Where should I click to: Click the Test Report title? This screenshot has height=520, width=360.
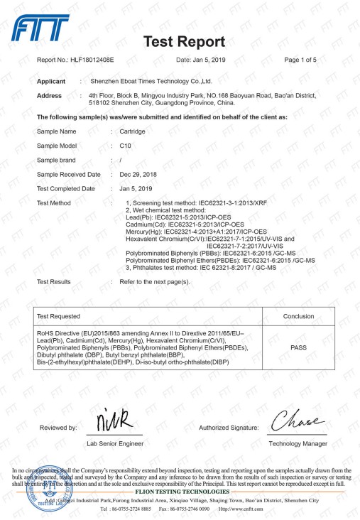click(x=184, y=40)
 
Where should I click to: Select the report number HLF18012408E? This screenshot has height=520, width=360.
click(x=97, y=60)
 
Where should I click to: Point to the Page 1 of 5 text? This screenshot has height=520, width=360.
click(x=300, y=60)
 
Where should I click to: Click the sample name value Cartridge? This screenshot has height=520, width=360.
click(x=133, y=132)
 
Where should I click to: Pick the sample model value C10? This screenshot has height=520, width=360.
click(x=126, y=146)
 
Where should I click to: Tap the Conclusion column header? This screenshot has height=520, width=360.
click(x=298, y=316)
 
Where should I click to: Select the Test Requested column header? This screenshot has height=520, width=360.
click(x=59, y=316)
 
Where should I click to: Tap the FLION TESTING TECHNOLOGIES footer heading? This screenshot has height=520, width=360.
click(x=180, y=490)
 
